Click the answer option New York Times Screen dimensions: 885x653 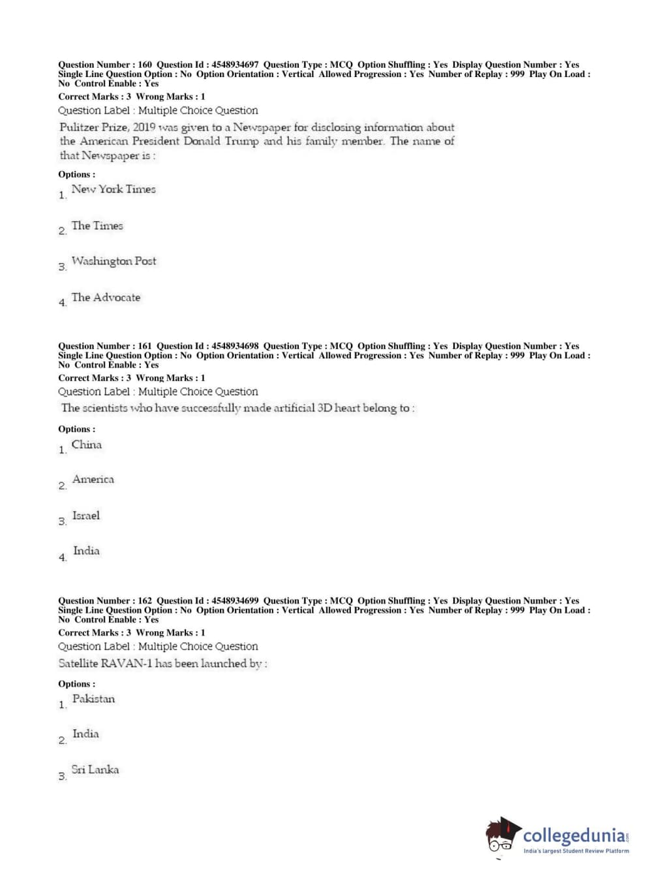coord(114,189)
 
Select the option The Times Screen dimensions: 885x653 coord(97,226)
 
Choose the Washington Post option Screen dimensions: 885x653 coord(114,261)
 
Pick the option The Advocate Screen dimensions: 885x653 coord(106,298)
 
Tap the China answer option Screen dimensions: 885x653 coord(87,444)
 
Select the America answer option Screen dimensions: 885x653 coord(93,480)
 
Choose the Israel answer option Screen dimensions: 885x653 coord(86,516)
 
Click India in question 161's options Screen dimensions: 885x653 coord(86,551)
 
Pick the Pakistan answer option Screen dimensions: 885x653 coord(93,699)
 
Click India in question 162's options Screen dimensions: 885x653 coord(85,734)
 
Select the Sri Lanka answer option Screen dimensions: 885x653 coord(95,770)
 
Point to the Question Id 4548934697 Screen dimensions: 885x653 coord(235,65)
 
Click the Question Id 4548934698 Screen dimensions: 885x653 coord(235,346)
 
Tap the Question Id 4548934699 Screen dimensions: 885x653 coord(235,600)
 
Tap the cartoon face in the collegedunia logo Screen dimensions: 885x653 coord(502,835)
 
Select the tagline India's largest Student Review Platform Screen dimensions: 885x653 coord(576,851)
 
